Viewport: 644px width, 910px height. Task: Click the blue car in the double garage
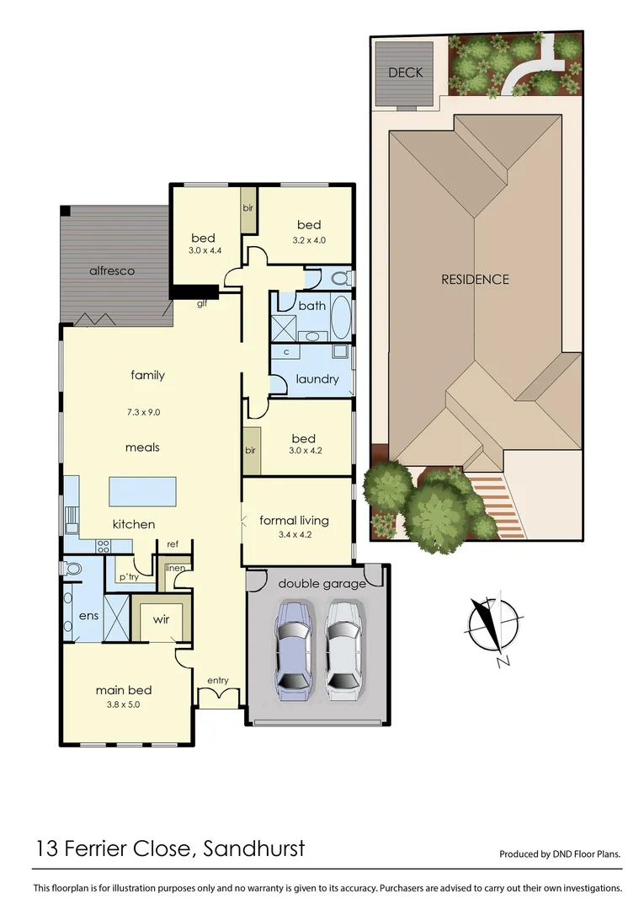(x=292, y=650)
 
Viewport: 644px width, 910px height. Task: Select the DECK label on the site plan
(x=405, y=73)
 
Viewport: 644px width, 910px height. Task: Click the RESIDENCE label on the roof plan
(x=475, y=280)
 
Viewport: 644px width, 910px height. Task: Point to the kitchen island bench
(x=143, y=490)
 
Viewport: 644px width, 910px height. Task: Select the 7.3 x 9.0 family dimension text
(x=146, y=412)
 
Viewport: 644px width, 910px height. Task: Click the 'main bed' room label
(x=124, y=690)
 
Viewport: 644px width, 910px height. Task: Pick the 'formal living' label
(x=294, y=520)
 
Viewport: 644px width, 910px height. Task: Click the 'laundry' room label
(x=317, y=379)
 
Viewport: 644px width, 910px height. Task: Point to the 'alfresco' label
(x=113, y=270)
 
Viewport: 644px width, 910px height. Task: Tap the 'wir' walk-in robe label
(x=161, y=619)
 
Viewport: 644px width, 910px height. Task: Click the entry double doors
(x=217, y=697)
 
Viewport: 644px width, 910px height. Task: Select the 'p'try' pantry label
(x=128, y=577)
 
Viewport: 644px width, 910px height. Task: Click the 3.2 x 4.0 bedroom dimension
(x=309, y=240)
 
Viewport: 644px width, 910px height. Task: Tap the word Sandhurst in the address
(x=254, y=848)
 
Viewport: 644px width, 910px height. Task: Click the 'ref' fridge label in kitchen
(x=173, y=544)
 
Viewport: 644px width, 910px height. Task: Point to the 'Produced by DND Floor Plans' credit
(x=560, y=854)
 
